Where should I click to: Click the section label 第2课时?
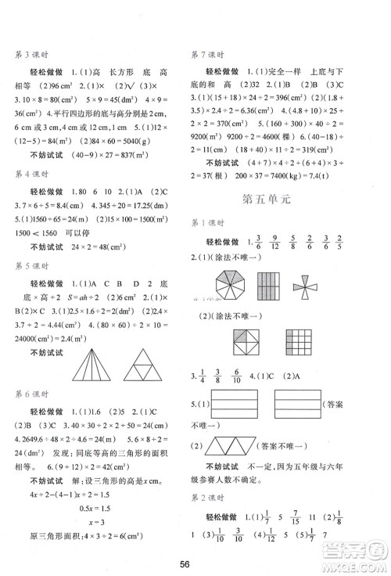207,495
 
